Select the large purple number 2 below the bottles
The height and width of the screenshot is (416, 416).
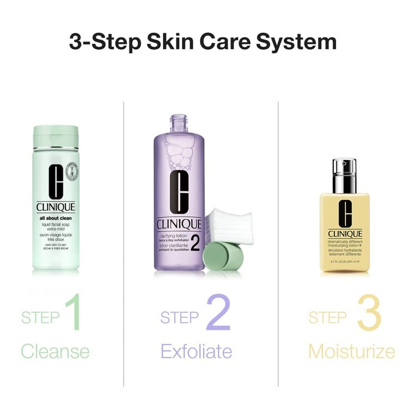click(217, 313)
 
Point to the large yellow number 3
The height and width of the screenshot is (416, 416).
click(368, 314)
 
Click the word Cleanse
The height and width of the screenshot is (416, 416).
click(55, 351)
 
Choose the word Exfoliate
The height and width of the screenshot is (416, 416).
click(196, 351)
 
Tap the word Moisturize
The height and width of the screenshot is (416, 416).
click(352, 352)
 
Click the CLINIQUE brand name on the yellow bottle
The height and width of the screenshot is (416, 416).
click(344, 234)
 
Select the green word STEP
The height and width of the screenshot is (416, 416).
click(40, 317)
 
